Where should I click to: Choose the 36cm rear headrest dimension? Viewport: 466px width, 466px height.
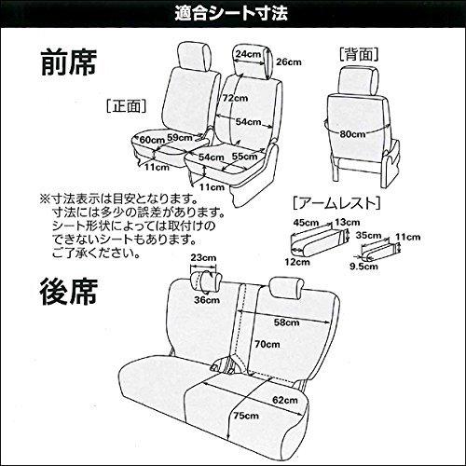(204, 299)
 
